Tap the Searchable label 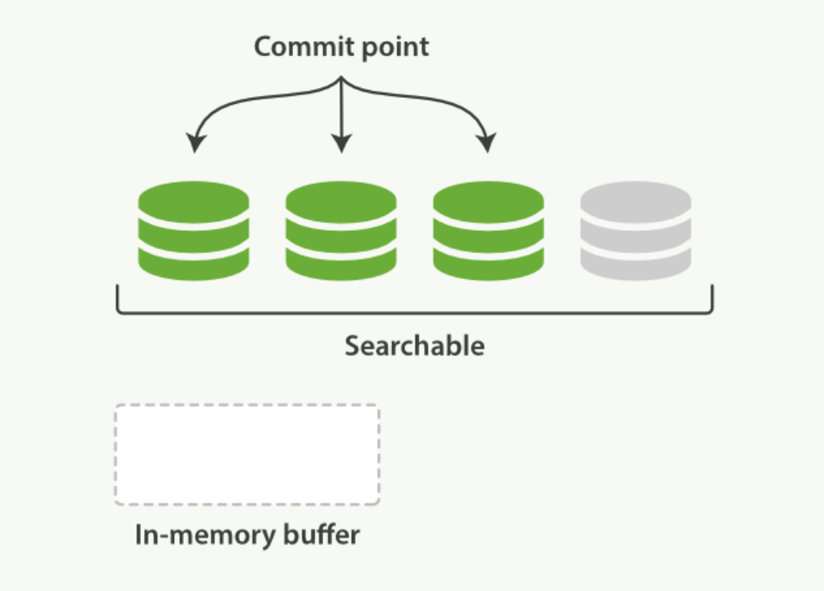(x=414, y=346)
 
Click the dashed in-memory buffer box (x=247, y=455)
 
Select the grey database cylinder (x=636, y=231)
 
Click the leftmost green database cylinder (x=193, y=231)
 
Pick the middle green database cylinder (x=341, y=231)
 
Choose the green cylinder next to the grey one (x=488, y=231)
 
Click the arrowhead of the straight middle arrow (x=342, y=143)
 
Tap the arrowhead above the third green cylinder (x=486, y=143)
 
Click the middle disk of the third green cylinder (x=488, y=233)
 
